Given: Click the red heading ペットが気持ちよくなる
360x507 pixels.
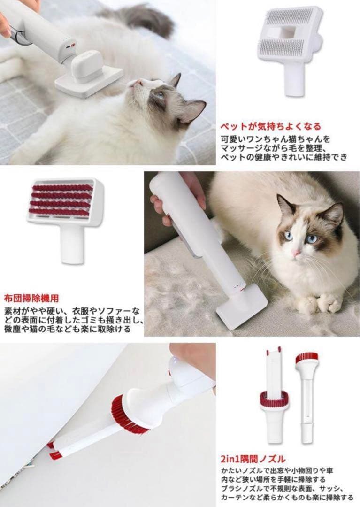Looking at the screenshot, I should pyautogui.click(x=271, y=126).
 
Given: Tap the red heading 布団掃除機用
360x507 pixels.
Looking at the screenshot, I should pyautogui.click(x=31, y=298).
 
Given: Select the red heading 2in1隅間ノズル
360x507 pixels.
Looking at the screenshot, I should pyautogui.click(x=253, y=459).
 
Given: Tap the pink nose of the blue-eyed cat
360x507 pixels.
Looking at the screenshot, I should pyautogui.click(x=296, y=253).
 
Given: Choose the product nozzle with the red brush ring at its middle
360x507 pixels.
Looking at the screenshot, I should pyautogui.click(x=274, y=399).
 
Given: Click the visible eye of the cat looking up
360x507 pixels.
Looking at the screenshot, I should pyautogui.click(x=160, y=95).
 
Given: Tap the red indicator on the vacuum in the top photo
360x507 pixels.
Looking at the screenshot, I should pyautogui.click(x=71, y=47).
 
